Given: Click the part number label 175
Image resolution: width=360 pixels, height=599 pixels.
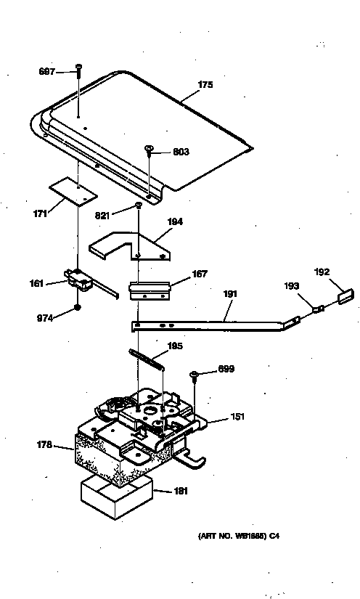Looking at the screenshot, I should (205, 85).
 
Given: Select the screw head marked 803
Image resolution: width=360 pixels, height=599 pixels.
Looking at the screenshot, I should (149, 151).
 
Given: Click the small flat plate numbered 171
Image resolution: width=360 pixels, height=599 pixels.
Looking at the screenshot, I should (73, 192).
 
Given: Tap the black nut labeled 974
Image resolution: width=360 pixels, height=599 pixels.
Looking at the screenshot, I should (77, 310).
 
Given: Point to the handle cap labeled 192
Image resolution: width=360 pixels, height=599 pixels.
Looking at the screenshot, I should (344, 297).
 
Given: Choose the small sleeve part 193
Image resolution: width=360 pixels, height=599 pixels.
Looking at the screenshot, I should (318, 309).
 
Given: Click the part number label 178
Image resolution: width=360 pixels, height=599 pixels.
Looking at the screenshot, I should (45, 445).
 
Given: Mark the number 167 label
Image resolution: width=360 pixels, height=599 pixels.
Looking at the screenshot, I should (200, 274).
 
